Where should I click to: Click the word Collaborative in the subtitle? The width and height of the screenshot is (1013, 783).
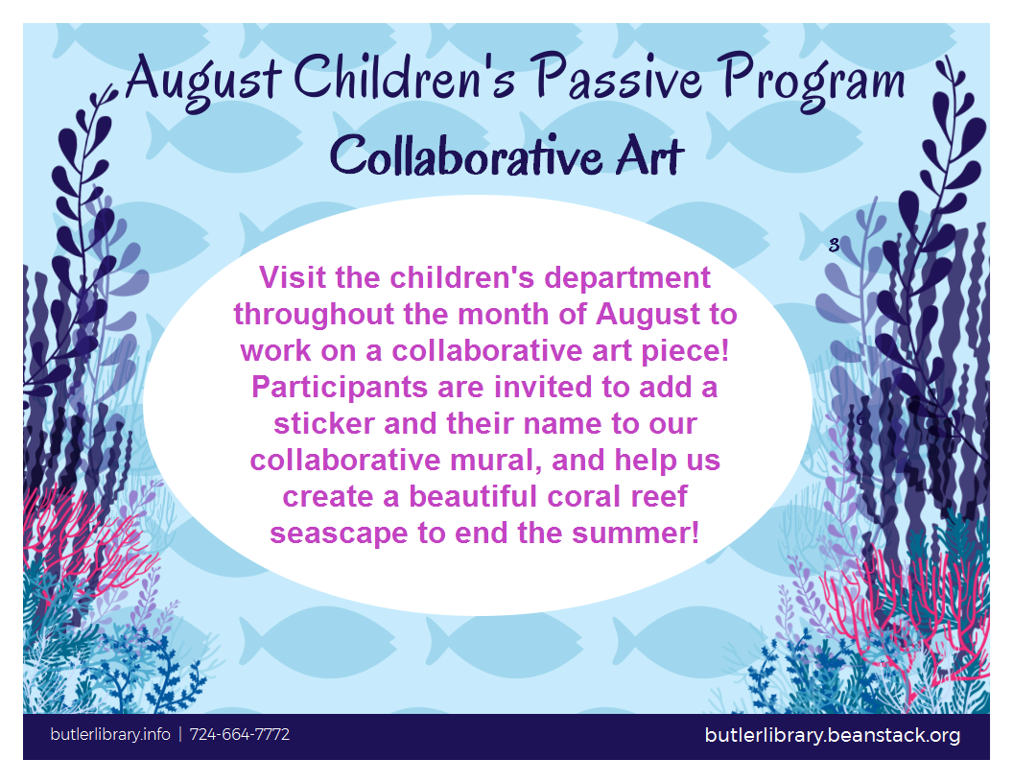[465, 155]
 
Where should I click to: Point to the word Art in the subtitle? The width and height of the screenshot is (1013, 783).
[649, 155]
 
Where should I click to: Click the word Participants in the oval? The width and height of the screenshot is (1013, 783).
[340, 389]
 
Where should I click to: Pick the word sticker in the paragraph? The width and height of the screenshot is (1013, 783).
[324, 424]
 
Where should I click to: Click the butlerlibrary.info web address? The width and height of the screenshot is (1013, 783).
[110, 735]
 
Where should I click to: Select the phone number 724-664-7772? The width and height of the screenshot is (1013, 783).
[240, 735]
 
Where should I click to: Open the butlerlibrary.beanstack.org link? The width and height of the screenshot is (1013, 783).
[832, 735]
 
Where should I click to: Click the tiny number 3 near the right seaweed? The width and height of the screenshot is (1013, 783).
[834, 245]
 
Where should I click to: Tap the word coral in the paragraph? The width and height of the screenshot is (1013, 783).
[584, 497]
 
